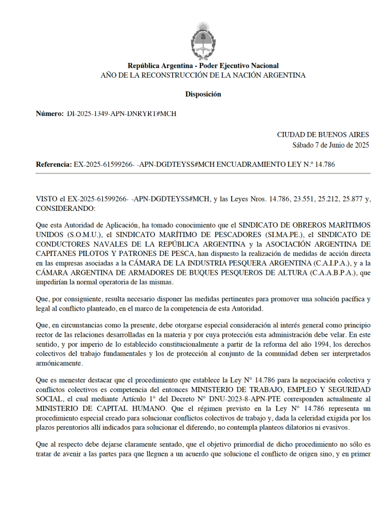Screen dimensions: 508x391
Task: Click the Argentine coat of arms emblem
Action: click(202, 38)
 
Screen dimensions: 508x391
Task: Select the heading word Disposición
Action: click(203, 94)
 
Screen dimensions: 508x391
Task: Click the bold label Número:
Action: click(50, 114)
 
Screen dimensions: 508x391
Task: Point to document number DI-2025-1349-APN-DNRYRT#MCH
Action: click(122, 114)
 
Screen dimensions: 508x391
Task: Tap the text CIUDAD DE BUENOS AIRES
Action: click(323, 135)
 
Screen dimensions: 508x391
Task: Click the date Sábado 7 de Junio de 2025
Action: click(330, 145)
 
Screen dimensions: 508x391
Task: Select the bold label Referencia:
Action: click(54, 164)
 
